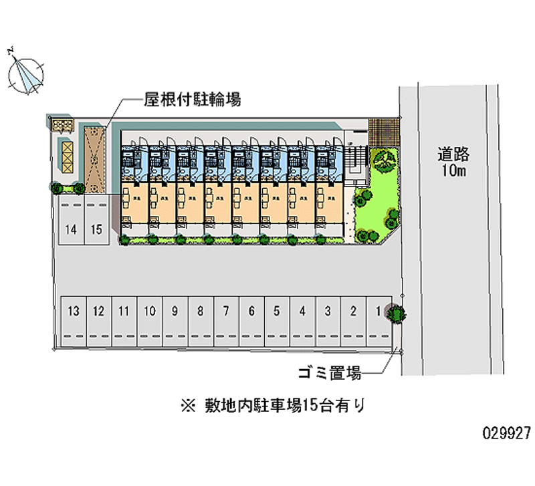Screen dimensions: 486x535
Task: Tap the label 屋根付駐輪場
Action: pyautogui.click(x=192, y=100)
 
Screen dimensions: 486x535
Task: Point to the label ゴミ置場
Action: pyautogui.click(x=330, y=373)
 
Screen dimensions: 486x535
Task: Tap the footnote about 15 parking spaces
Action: pyautogui.click(x=272, y=404)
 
